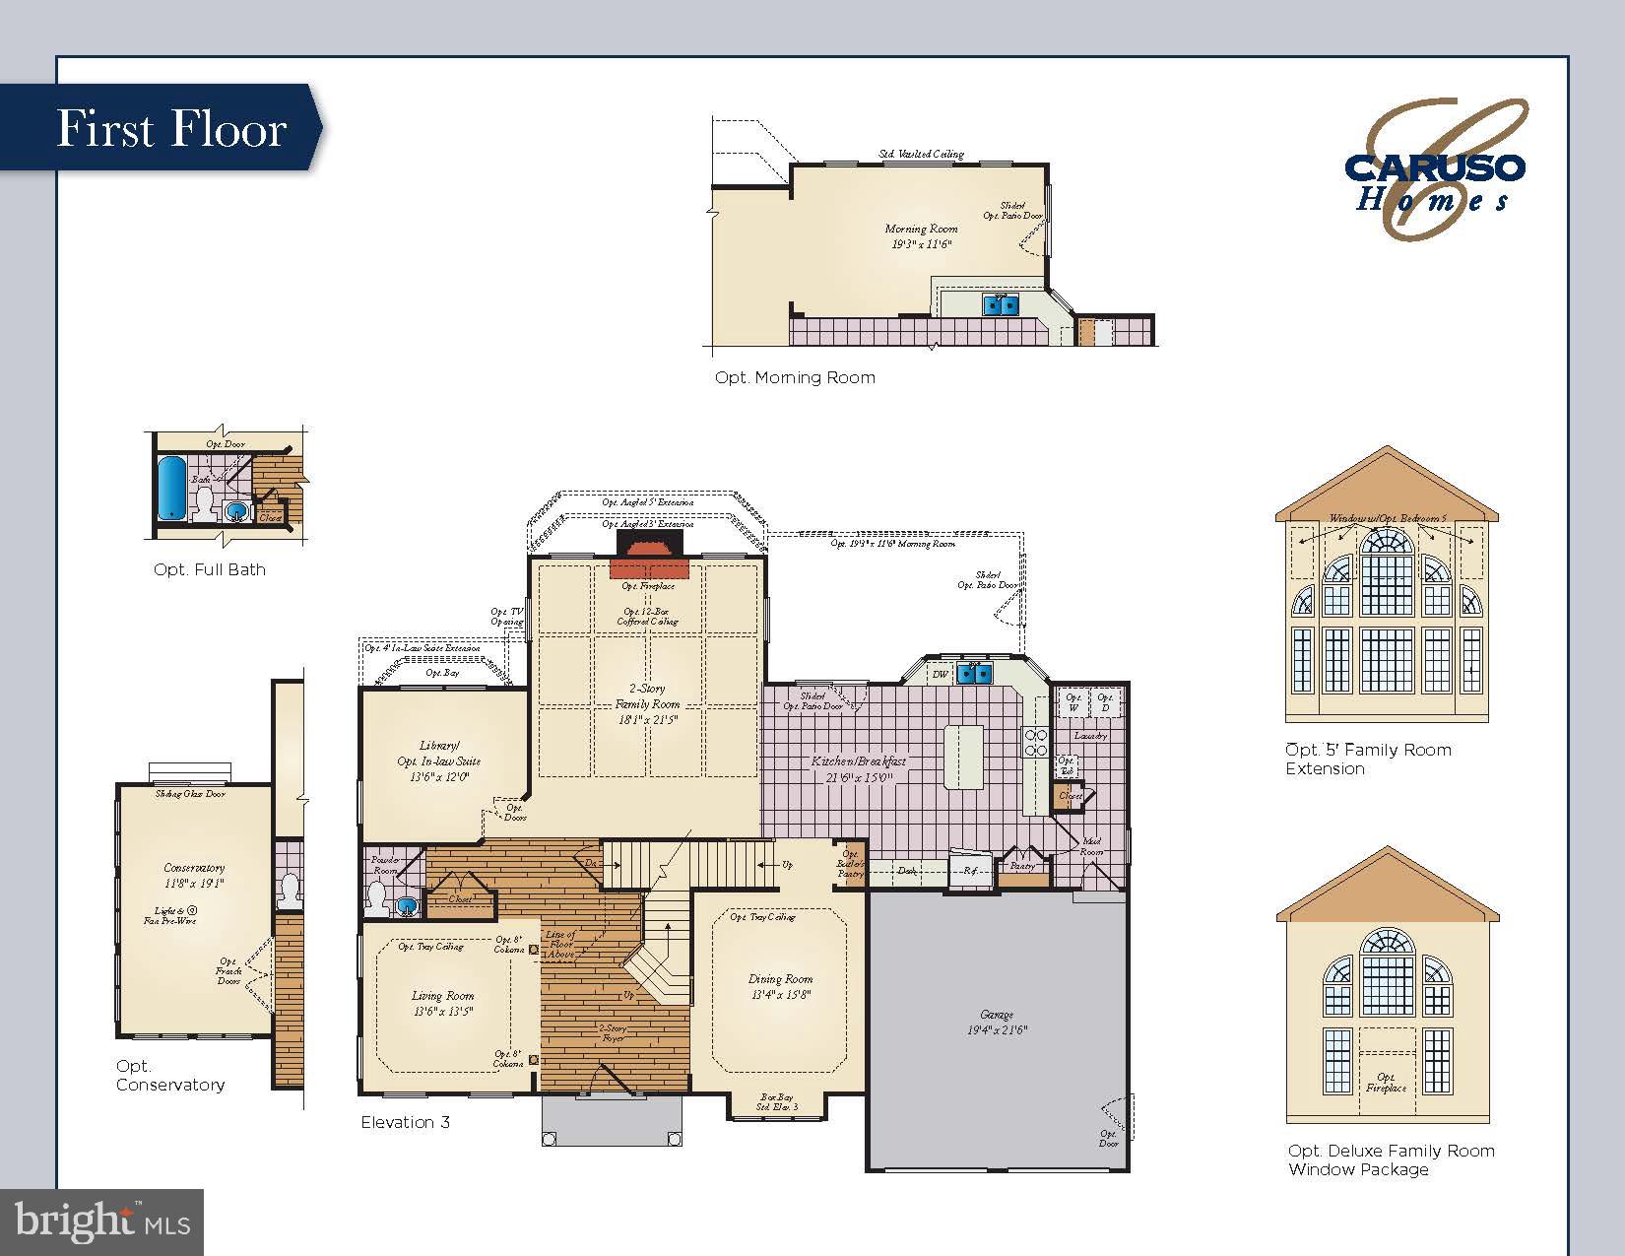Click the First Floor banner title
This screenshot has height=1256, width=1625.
[x=171, y=129]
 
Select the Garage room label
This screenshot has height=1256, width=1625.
[x=997, y=1022]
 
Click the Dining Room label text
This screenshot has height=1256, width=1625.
[x=780, y=986]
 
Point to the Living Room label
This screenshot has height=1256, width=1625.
[x=442, y=1003]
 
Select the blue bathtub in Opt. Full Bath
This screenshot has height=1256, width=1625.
[x=171, y=487]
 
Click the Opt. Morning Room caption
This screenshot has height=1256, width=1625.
[x=795, y=377]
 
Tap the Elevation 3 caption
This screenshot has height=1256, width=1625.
[x=405, y=1122]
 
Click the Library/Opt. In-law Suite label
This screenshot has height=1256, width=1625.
[x=439, y=760]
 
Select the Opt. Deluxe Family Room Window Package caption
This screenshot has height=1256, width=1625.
[x=1391, y=1159]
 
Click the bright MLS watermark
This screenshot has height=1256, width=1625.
[x=102, y=1223]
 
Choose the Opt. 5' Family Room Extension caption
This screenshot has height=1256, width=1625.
[x=1367, y=759]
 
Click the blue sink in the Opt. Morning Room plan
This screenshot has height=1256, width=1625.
[x=1002, y=304]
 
